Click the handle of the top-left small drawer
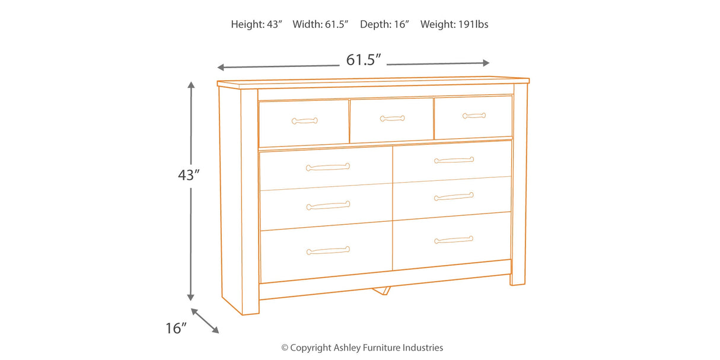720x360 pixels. point(305,121)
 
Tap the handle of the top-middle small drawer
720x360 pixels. point(392,119)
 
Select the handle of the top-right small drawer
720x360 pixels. point(474,116)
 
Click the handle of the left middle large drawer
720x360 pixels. point(328,205)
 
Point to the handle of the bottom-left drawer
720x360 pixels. point(328,251)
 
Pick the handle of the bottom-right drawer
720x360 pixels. point(454,240)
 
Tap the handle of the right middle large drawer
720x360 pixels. point(454,196)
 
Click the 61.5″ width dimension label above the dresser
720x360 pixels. point(363,60)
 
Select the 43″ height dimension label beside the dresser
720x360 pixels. point(189,175)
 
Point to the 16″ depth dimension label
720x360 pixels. point(176,328)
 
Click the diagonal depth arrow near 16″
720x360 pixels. point(205,321)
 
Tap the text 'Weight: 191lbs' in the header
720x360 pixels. point(454,24)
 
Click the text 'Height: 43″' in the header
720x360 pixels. point(256,24)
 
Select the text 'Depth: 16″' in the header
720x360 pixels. point(384,24)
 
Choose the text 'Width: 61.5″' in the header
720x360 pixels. point(320,24)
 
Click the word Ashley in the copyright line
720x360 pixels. point(347,348)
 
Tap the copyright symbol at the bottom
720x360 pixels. point(285,348)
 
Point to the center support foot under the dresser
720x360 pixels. point(381,291)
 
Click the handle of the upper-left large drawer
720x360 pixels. point(328,167)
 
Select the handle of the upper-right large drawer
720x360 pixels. point(454,160)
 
